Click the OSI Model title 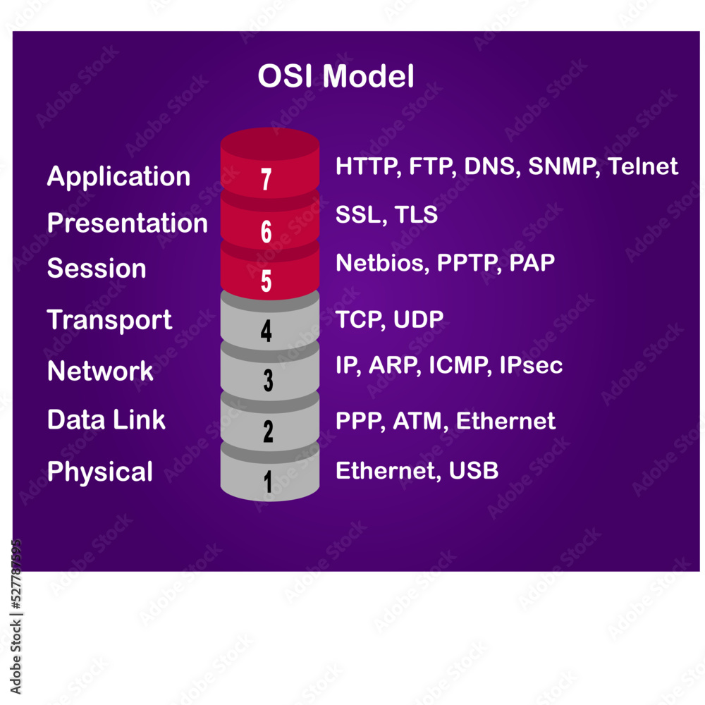(x=336, y=77)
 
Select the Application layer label (x=118, y=176)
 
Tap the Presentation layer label (x=128, y=223)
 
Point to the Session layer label (x=97, y=269)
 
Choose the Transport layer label (x=109, y=320)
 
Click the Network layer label (x=100, y=371)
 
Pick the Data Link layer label (x=106, y=420)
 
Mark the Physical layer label (x=99, y=472)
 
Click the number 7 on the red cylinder (x=266, y=180)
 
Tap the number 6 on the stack (x=266, y=232)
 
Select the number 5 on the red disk (x=266, y=281)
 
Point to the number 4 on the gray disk (x=266, y=331)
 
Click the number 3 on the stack (x=268, y=381)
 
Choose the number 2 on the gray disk (x=268, y=431)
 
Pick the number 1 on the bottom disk (x=268, y=482)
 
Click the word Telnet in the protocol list (x=642, y=166)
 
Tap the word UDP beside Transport (x=419, y=320)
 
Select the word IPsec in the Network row (x=531, y=365)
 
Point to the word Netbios (x=381, y=263)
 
